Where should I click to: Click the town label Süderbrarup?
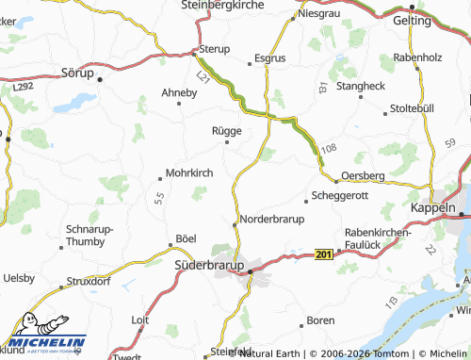(x=210, y=267)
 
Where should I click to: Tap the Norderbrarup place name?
(x=273, y=219)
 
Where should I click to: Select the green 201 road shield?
(x=324, y=254)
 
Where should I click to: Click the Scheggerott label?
(x=345, y=197)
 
